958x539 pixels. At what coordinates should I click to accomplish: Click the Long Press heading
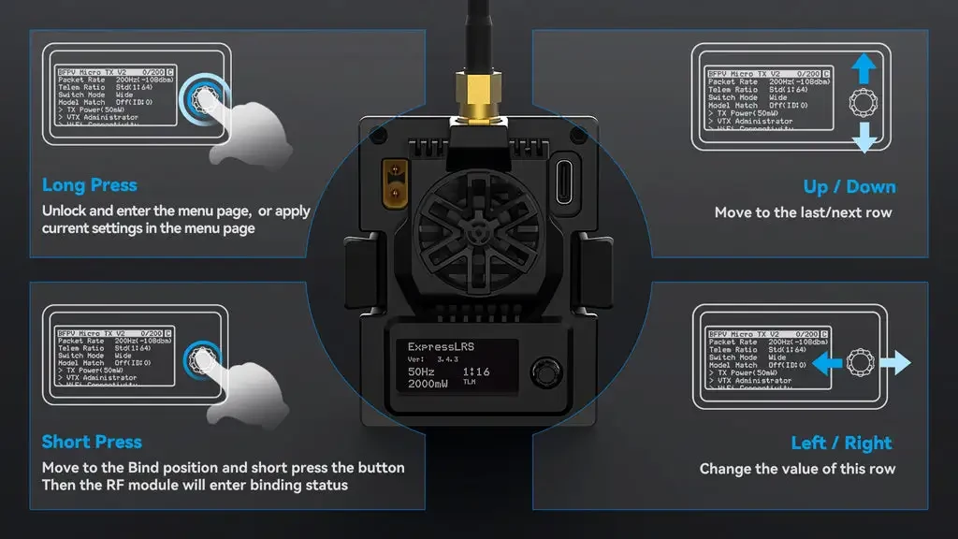pyautogui.click(x=90, y=185)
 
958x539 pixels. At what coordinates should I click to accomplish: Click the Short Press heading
pyautogui.click(x=92, y=442)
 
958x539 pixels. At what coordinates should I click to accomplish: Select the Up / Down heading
pyautogui.click(x=849, y=187)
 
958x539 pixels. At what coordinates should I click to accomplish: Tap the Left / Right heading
pyautogui.click(x=841, y=443)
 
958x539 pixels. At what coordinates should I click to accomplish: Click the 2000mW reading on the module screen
pyautogui.click(x=430, y=385)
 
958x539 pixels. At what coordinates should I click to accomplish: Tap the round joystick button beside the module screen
pyautogui.click(x=543, y=371)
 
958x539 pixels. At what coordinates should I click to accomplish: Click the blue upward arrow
pyautogui.click(x=864, y=67)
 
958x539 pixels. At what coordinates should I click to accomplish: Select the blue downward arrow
pyautogui.click(x=864, y=138)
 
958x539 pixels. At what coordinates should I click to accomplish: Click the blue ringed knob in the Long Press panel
pyautogui.click(x=204, y=96)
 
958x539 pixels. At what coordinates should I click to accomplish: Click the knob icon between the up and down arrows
pyautogui.click(x=864, y=102)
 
